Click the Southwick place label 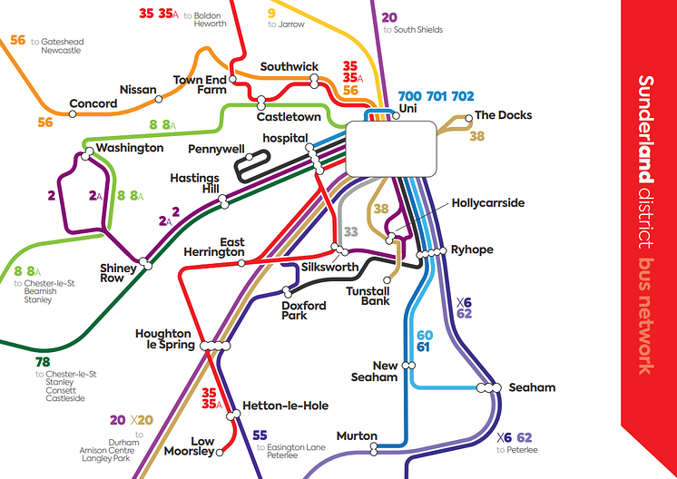coord(289,67)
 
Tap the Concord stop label coord(93,103)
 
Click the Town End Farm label coord(200,85)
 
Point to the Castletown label coord(289,118)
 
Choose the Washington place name coord(130,148)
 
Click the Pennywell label coord(218,148)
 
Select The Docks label coord(504,115)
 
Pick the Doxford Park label coord(303,311)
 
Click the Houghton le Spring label coord(164,339)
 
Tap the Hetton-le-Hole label coord(286,406)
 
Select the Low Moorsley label coord(189,446)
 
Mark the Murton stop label coord(357,436)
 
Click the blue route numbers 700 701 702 coord(437,96)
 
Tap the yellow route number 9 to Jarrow coord(271,13)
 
